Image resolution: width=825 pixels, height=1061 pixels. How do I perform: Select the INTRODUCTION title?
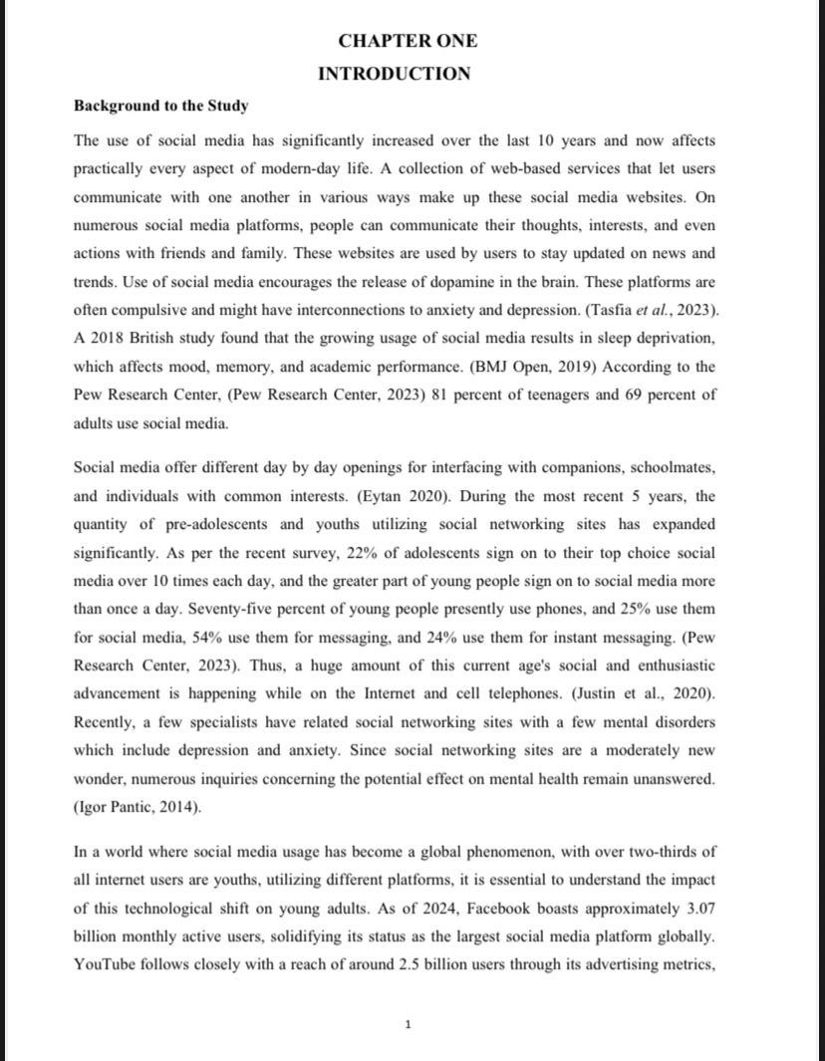395,74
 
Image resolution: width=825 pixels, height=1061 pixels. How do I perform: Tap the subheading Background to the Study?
160,106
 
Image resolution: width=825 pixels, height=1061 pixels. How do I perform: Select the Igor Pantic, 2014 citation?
137,807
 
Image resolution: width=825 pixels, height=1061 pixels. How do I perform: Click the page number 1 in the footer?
408,1023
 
